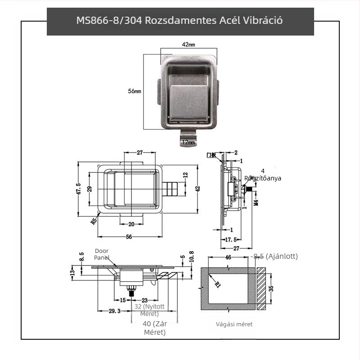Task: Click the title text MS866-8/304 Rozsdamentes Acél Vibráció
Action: pyautogui.click(x=180, y=21)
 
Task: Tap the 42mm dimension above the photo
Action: pyautogui.click(x=189, y=45)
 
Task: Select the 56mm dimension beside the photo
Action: pyautogui.click(x=135, y=91)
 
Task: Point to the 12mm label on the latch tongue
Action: pyautogui.click(x=188, y=142)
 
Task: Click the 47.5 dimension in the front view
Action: pyautogui.click(x=78, y=189)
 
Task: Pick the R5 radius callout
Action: pyautogui.click(x=94, y=221)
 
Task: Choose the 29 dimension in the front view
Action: pyautogui.click(x=89, y=189)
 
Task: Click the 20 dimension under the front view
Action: pyautogui.click(x=131, y=224)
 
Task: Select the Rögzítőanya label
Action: pyautogui.click(x=263, y=178)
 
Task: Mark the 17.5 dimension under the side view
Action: pyautogui.click(x=230, y=239)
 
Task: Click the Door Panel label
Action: pyautogui.click(x=102, y=254)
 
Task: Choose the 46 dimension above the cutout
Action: pyautogui.click(x=228, y=257)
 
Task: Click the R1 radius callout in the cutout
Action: pyautogui.click(x=218, y=284)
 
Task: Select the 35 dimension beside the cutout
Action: pyautogui.click(x=270, y=288)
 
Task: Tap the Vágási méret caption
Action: pyautogui.click(x=234, y=324)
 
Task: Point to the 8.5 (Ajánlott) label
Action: pyautogui.click(x=275, y=256)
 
